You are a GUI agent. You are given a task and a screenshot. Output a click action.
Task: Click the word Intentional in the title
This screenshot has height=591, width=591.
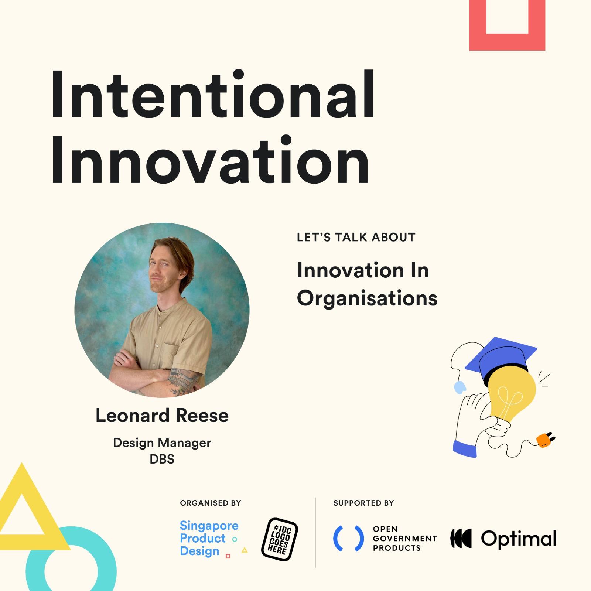(213, 95)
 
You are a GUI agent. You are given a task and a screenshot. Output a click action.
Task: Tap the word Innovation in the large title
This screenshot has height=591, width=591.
(210, 160)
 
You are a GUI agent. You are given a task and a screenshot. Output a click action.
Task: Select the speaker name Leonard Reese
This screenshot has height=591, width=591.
(162, 416)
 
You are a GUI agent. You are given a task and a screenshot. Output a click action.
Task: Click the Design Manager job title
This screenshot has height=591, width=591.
(162, 443)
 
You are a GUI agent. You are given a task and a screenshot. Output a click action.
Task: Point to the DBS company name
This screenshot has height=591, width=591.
(162, 459)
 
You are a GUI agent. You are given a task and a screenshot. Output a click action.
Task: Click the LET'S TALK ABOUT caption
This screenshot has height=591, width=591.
(356, 237)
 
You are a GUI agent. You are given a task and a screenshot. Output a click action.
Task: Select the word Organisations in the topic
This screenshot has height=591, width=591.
(367, 298)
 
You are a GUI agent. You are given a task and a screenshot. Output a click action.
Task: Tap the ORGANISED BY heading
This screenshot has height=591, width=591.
(211, 503)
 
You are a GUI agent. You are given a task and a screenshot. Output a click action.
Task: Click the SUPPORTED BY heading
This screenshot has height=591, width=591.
(363, 503)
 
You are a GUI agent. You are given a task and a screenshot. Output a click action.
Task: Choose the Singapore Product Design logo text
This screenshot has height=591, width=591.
(209, 538)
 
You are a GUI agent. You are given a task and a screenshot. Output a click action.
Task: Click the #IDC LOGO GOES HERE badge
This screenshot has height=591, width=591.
(280, 539)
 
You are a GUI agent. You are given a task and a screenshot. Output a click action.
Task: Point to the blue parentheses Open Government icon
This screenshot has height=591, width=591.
(348, 539)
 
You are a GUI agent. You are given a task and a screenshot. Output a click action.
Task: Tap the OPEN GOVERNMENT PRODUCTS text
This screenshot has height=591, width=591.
(405, 539)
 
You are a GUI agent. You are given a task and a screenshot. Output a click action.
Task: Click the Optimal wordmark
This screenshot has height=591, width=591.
(519, 539)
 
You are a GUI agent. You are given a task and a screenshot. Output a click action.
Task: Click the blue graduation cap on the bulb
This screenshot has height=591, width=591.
(501, 358)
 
